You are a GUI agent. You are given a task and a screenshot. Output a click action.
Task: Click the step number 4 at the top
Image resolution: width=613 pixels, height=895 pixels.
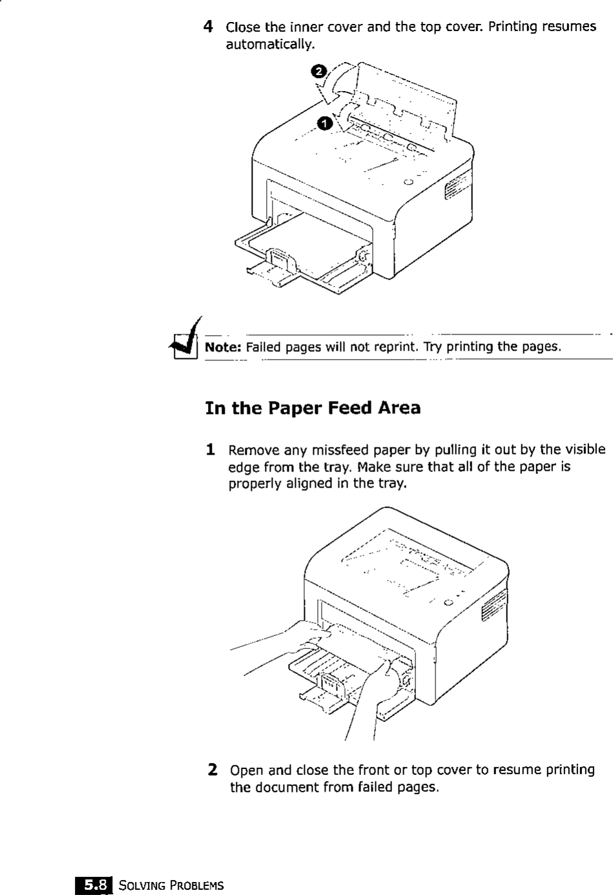pyautogui.click(x=208, y=27)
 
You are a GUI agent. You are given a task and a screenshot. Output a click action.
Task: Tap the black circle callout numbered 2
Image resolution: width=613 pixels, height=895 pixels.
pyautogui.click(x=319, y=71)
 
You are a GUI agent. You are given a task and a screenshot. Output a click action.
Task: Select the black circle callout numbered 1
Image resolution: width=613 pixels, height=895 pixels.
pyautogui.click(x=326, y=123)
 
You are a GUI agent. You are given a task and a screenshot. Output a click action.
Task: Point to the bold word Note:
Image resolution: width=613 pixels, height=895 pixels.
pyautogui.click(x=223, y=347)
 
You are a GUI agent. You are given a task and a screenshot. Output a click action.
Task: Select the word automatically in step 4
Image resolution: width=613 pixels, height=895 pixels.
pyautogui.click(x=270, y=45)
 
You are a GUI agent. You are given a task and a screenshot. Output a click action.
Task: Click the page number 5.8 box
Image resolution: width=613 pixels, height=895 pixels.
pyautogui.click(x=94, y=884)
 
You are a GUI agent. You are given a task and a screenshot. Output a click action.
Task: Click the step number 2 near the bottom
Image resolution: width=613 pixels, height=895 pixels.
pyautogui.click(x=212, y=770)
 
